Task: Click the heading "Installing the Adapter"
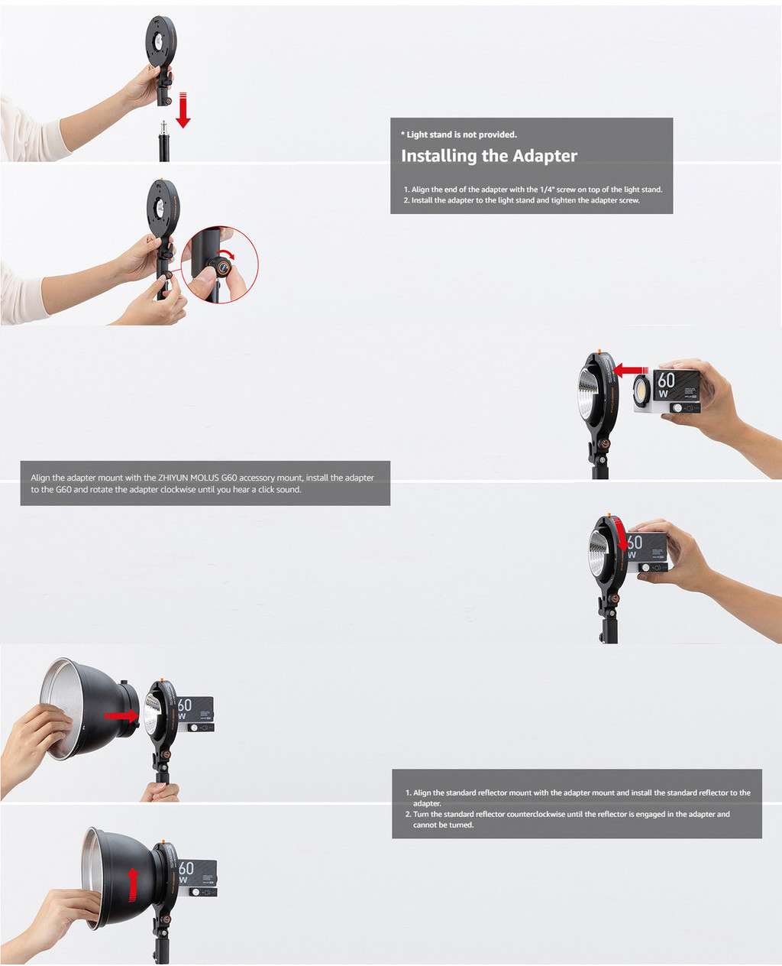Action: point(489,156)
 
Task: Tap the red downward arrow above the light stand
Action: point(183,110)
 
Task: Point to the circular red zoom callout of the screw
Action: point(220,264)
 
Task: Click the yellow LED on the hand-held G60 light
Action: point(641,391)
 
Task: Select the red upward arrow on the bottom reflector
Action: point(134,884)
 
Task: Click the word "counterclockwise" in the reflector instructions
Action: point(535,814)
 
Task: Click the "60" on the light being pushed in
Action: point(666,380)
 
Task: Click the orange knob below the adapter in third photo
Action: point(604,444)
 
